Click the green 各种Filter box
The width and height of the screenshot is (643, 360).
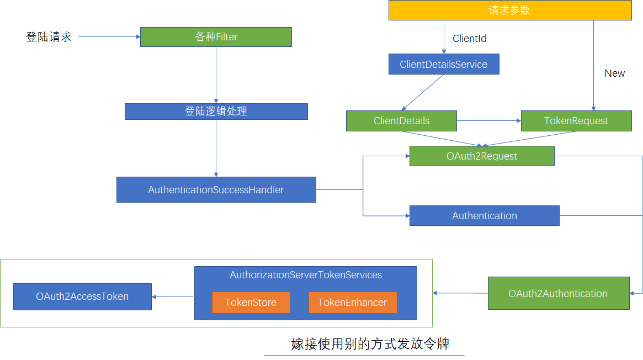coord(216,37)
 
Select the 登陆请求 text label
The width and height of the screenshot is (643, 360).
coord(49,37)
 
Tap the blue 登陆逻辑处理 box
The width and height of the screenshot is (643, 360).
coord(216,112)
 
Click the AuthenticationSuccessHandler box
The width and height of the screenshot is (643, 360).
coord(216,190)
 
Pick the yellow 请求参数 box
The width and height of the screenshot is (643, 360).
coord(510,10)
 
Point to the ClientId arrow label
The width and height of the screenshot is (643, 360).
coord(470,39)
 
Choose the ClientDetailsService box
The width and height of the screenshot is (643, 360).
coord(444,64)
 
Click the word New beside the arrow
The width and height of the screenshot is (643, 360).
coord(614,73)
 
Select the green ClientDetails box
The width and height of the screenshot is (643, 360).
coord(401,121)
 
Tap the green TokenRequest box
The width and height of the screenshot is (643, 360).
coord(576,121)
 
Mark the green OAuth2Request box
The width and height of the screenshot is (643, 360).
coord(482,156)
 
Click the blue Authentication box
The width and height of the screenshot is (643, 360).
coord(484,216)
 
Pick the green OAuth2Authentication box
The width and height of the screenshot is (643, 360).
coord(558,293)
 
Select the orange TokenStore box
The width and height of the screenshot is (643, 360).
coord(251,303)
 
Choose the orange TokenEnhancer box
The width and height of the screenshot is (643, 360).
coord(352,303)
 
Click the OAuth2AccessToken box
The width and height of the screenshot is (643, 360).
coord(82,297)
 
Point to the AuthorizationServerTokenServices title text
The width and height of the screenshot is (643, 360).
coord(306,275)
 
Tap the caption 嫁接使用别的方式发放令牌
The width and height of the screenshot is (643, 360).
coord(370,345)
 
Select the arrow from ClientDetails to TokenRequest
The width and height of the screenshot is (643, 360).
coord(488,120)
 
